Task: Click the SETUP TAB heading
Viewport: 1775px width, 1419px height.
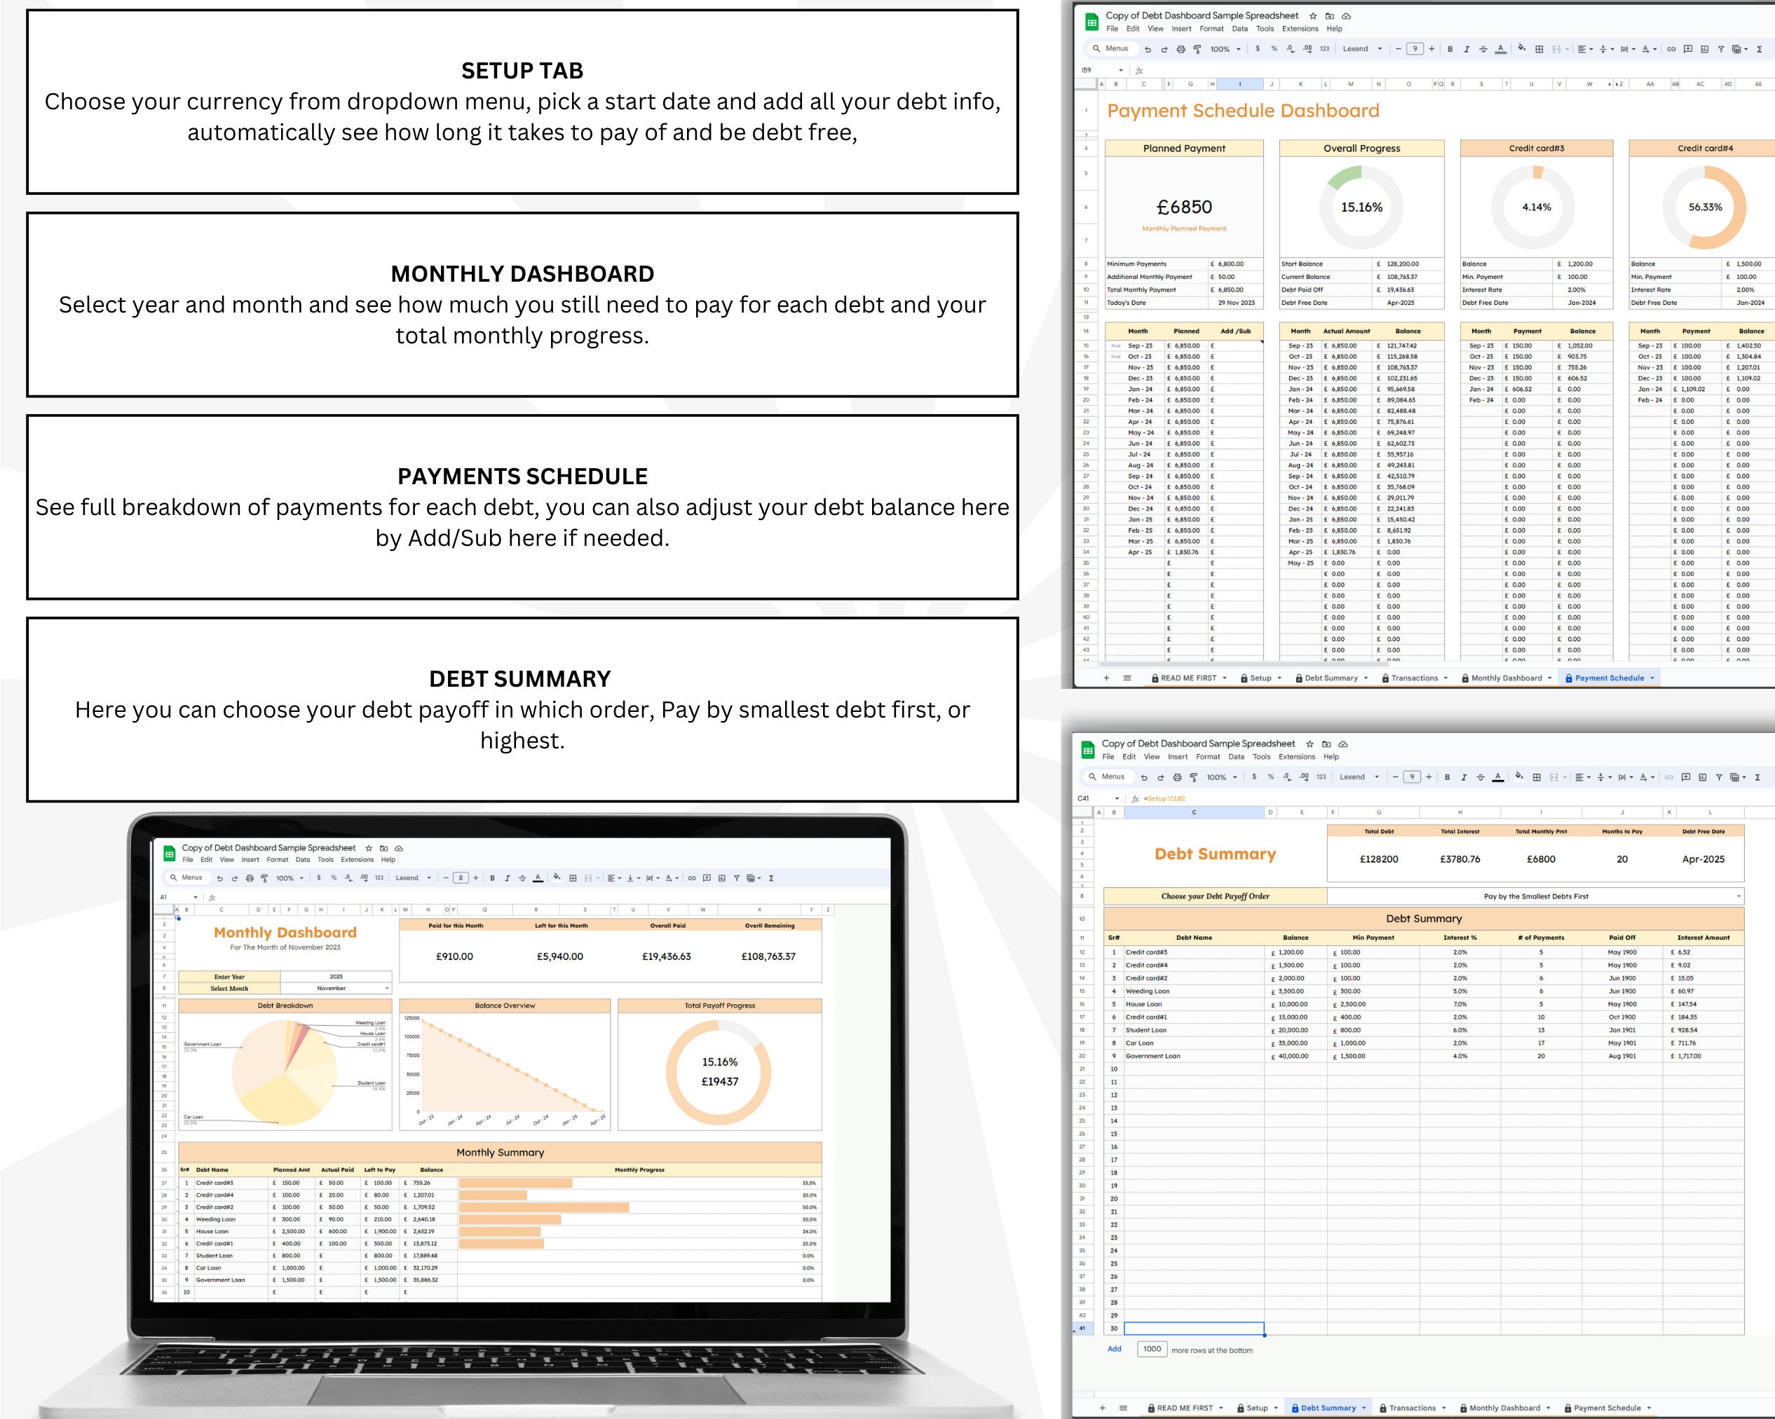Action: (x=522, y=71)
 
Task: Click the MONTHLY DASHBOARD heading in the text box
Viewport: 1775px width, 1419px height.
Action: (x=522, y=273)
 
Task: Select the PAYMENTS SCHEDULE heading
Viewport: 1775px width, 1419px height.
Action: (x=522, y=476)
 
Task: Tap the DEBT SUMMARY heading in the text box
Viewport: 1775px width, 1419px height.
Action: (x=519, y=678)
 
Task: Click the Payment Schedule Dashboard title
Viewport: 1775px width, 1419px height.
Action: (x=1242, y=111)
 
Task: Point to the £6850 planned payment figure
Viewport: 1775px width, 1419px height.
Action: (x=1184, y=207)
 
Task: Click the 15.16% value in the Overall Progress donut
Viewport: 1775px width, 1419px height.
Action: (x=1361, y=207)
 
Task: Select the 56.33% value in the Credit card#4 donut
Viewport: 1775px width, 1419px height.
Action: (x=1704, y=207)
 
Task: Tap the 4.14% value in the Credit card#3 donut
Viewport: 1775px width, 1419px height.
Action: (x=1535, y=207)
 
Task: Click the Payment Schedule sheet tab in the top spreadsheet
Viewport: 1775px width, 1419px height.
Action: (x=1609, y=678)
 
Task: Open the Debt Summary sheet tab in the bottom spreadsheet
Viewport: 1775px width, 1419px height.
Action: (x=1327, y=1408)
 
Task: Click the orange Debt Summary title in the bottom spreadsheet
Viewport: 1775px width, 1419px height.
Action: (x=1214, y=854)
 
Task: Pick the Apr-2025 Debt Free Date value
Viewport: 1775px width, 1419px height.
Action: (x=1703, y=859)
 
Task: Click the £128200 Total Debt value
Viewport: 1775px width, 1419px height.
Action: (x=1378, y=859)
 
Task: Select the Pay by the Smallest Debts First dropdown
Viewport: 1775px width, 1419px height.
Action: (x=1535, y=896)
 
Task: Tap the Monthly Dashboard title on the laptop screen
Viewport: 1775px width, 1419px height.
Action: (x=285, y=933)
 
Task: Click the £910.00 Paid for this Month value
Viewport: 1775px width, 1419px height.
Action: (x=454, y=957)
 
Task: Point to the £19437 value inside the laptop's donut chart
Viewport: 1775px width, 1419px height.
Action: (x=719, y=1081)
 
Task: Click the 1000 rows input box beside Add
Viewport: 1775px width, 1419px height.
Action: (x=1152, y=1349)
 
